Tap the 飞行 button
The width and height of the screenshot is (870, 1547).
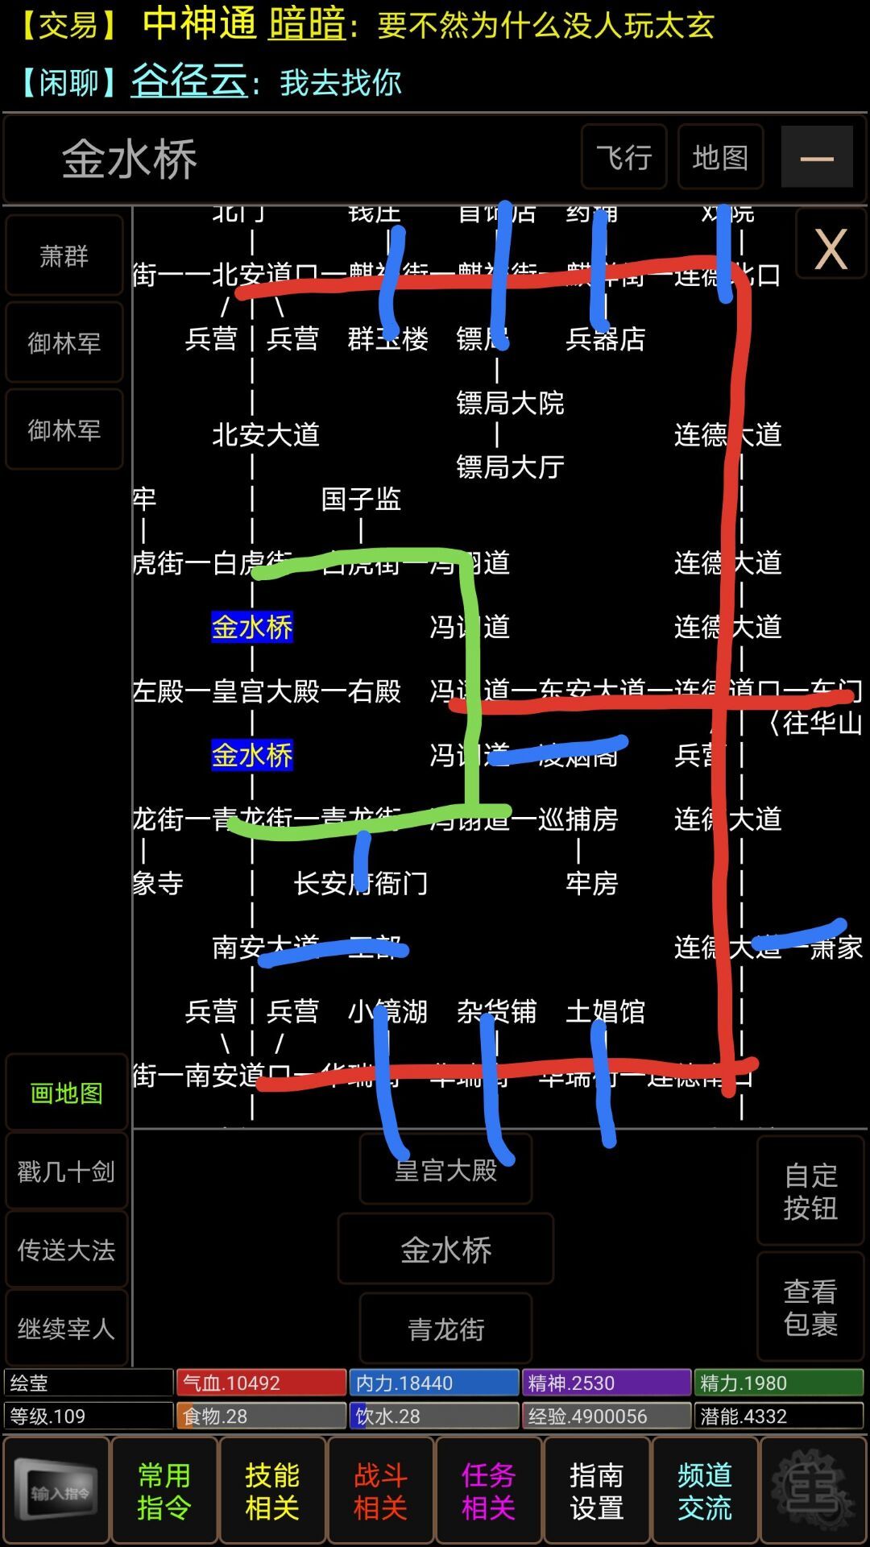(x=623, y=157)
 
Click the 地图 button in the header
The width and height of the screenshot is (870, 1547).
(x=720, y=157)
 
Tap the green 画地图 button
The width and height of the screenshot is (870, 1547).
(x=66, y=1093)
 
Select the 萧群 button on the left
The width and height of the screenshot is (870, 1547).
(x=64, y=256)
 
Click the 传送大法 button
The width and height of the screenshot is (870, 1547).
(x=66, y=1250)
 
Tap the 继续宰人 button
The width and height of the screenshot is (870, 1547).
(x=66, y=1328)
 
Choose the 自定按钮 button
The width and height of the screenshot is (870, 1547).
(x=810, y=1191)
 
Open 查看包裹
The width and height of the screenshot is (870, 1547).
(x=810, y=1307)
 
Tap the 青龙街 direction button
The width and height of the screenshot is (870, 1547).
(x=445, y=1329)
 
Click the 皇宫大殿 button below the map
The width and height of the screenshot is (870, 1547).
(x=445, y=1170)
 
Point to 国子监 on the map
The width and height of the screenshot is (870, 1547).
(x=361, y=499)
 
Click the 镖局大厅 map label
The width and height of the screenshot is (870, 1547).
(x=510, y=467)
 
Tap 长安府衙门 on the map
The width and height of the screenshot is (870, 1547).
(x=361, y=883)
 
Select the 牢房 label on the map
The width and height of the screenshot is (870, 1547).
(x=591, y=883)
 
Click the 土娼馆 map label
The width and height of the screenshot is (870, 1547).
(x=605, y=1011)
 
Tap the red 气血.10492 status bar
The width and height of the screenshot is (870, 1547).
(x=261, y=1383)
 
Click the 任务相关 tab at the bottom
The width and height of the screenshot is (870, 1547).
(x=488, y=1491)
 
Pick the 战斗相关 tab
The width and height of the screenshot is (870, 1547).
(x=380, y=1491)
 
